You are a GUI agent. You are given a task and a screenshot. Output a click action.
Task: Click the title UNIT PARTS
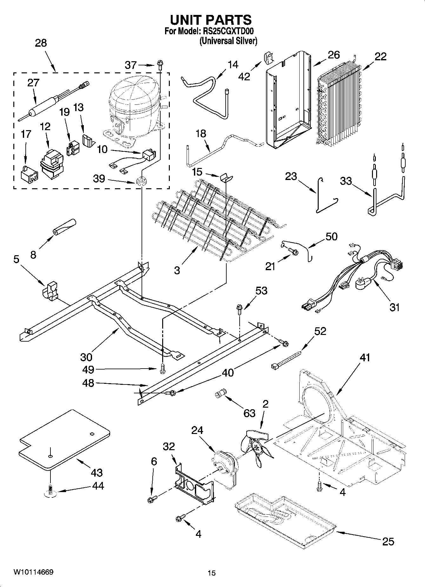pos(211,20)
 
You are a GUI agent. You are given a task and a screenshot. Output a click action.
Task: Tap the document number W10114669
pos(33,572)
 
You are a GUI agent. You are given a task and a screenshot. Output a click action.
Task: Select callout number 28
pos(41,43)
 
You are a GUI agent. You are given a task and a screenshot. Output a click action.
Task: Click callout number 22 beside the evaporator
pos(380,57)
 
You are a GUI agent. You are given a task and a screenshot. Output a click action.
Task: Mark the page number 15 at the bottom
pos(211,573)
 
